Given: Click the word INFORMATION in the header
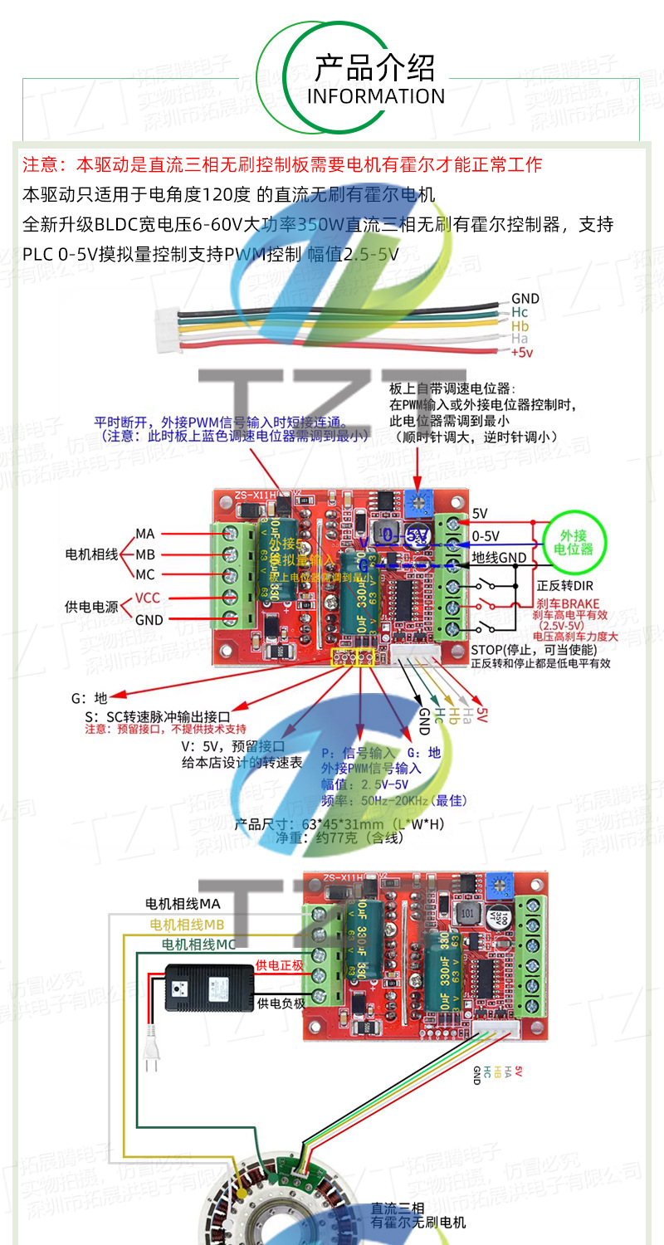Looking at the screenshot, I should coord(376,96).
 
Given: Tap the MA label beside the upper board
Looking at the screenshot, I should coord(145,534).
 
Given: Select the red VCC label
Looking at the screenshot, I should coord(148,598).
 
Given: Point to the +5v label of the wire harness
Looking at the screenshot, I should coord(521,353).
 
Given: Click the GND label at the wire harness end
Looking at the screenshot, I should coord(525,299).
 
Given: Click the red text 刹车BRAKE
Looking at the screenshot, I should coord(568,603).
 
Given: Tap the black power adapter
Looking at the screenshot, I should coord(208,988).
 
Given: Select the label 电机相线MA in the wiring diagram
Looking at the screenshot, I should coord(183,903).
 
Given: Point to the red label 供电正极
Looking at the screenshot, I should coord(280,964).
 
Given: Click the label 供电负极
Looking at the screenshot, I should coord(281,1003).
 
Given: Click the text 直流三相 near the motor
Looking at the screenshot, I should coord(398,1208).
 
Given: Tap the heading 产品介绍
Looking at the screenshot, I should coord(375,66).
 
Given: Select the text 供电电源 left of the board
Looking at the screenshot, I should coord(92,607).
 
